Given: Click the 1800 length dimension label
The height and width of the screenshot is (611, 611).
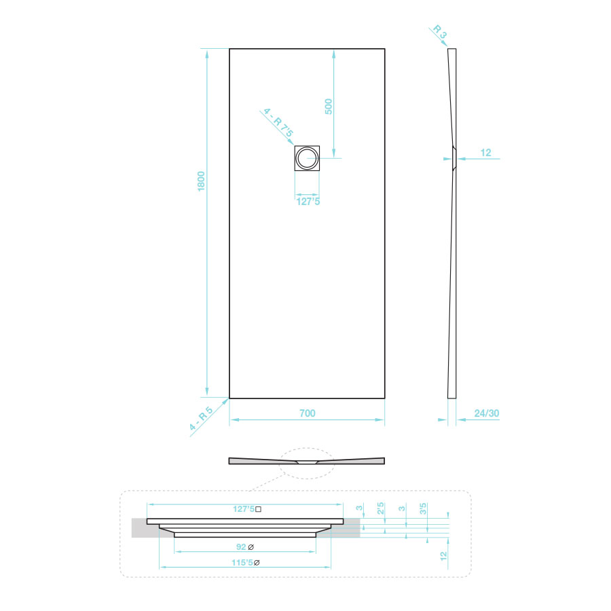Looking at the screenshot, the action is click(x=201, y=181).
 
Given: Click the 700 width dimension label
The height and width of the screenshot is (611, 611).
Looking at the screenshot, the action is click(x=307, y=413).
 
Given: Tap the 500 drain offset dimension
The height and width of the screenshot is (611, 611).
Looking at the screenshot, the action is click(x=329, y=107).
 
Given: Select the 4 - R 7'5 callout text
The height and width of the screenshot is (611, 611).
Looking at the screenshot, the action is click(x=278, y=122).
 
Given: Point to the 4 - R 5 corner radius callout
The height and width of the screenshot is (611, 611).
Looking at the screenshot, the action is click(x=201, y=418).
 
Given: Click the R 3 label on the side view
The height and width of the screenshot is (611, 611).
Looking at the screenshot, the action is click(x=439, y=31).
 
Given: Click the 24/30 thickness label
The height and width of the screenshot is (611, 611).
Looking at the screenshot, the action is click(x=487, y=413).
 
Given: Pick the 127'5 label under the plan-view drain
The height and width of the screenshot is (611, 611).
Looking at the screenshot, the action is click(x=308, y=202).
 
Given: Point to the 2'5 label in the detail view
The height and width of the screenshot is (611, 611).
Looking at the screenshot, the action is click(x=380, y=508).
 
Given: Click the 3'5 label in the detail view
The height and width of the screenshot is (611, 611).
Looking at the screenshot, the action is click(x=423, y=508).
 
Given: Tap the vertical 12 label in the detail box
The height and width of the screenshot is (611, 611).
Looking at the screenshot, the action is click(x=443, y=556).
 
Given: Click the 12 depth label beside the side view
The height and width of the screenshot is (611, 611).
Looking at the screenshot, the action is click(x=485, y=152).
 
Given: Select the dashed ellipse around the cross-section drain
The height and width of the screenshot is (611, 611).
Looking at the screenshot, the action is click(x=307, y=448).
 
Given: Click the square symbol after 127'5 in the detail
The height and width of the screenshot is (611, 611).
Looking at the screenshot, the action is click(x=258, y=509).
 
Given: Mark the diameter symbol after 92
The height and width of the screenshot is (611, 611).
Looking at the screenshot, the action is click(x=251, y=547).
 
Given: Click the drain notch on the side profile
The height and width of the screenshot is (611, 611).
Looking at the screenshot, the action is click(x=454, y=159).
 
